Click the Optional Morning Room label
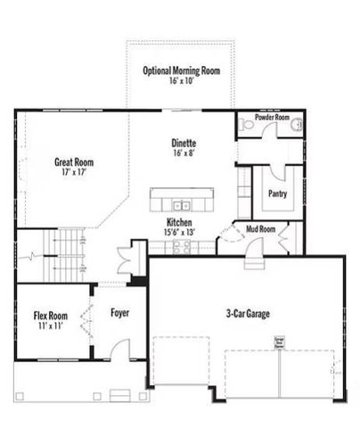183,70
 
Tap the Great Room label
74,162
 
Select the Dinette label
184,143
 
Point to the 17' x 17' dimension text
74,173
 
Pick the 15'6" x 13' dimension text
178,232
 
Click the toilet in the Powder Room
250,128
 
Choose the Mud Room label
260,229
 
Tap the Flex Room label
50,316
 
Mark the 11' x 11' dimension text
50,326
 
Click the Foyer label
120,313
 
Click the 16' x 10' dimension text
183,81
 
